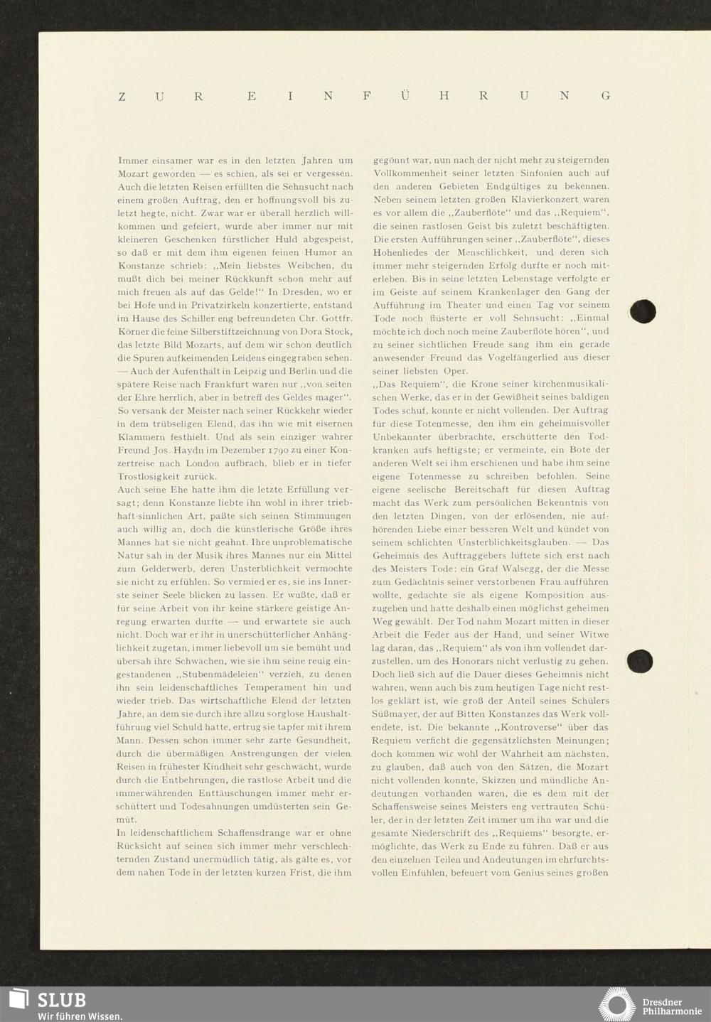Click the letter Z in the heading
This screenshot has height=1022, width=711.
[x=122, y=97]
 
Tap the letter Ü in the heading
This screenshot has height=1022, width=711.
[x=404, y=96]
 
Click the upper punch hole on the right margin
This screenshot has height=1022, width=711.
[x=643, y=311]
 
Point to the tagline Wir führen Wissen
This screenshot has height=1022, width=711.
[x=80, y=1016]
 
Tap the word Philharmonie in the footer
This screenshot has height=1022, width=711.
[x=673, y=1011]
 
